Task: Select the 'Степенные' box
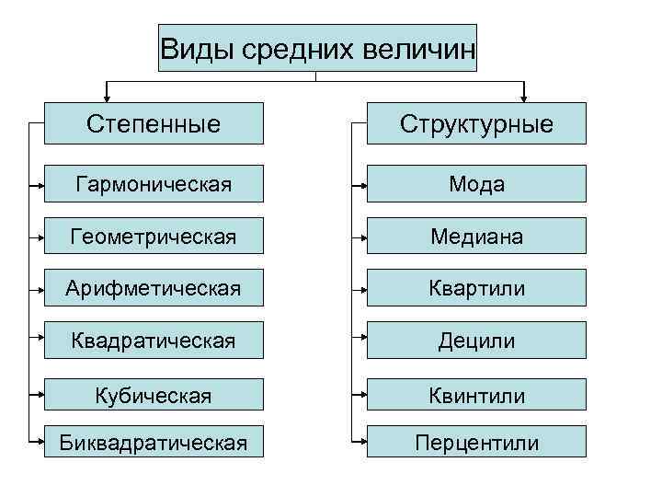154,123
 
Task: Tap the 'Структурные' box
476,123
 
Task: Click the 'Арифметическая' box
154,288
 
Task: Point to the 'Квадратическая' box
154,341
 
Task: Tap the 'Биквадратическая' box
154,443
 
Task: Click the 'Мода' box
476,184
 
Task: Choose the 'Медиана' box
476,237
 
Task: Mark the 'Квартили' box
476,288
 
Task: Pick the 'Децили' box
476,341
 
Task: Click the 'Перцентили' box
476,443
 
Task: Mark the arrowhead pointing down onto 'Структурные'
524,95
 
